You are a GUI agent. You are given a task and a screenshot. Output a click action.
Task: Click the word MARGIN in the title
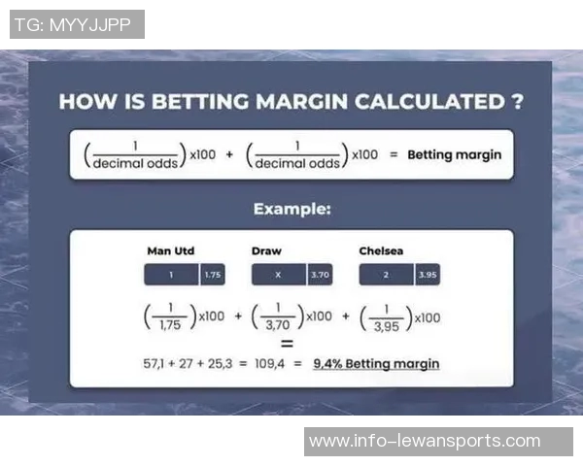(301, 101)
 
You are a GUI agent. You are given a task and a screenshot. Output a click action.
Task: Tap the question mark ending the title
(517, 101)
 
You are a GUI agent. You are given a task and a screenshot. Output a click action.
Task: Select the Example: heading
(292, 209)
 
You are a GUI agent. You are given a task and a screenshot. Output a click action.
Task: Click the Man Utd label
(171, 250)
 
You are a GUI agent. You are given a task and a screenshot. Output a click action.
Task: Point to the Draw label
(266, 250)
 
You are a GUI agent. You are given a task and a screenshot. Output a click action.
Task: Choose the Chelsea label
(381, 250)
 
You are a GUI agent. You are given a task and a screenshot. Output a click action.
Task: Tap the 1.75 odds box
(213, 275)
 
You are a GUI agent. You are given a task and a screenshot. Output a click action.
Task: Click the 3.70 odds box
(320, 275)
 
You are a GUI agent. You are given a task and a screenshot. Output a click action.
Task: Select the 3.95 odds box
(428, 275)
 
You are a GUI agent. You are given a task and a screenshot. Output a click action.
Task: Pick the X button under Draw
(279, 275)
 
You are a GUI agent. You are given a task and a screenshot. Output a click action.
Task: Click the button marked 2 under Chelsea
(386, 275)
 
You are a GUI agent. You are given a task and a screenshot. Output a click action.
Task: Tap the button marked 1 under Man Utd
(171, 275)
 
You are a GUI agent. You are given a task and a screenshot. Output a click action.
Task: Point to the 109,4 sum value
(269, 363)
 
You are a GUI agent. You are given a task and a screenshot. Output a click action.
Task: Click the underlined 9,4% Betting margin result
(376, 364)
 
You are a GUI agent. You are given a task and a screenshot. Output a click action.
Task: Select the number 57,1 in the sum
(154, 363)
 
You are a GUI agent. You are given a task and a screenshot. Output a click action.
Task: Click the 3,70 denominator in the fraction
(278, 325)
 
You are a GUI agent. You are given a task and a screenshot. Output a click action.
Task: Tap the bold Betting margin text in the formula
(455, 154)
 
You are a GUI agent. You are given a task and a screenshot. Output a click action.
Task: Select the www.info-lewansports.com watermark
(425, 441)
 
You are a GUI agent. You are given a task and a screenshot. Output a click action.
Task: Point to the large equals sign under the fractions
(287, 344)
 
